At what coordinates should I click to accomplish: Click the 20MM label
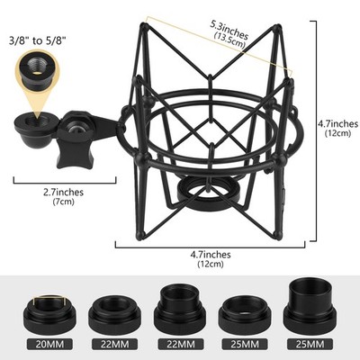tap(49, 345)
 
